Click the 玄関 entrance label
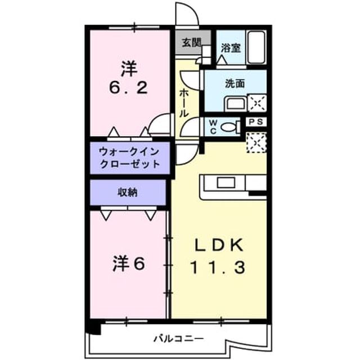(x=191, y=43)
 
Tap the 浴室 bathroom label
(x=231, y=48)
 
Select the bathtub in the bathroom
(x=256, y=47)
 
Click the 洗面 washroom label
(x=235, y=84)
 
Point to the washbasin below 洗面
(x=236, y=104)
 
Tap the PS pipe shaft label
(x=256, y=121)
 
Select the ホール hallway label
(x=184, y=103)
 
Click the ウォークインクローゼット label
(x=130, y=158)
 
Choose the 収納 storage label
(x=128, y=192)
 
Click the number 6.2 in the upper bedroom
(x=128, y=88)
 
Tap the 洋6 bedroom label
(x=129, y=264)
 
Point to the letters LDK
(x=219, y=245)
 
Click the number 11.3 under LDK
(x=218, y=268)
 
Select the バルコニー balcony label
(x=178, y=339)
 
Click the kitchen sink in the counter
(x=226, y=183)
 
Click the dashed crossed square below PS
(x=256, y=142)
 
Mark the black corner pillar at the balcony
(x=94, y=328)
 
